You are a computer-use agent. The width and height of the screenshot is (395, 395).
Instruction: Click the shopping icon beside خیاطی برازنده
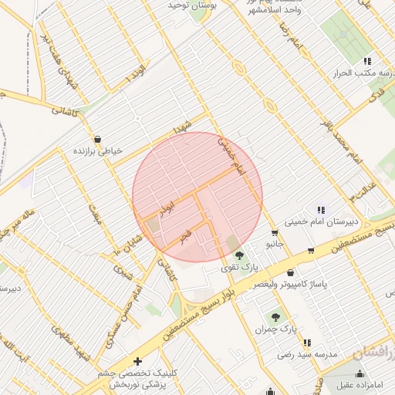point(97,140)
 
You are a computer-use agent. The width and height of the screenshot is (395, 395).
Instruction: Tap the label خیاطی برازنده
point(97,152)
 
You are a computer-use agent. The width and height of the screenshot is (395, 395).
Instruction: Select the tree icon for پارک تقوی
point(238,255)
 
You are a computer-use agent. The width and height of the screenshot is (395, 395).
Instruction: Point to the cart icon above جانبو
point(275,232)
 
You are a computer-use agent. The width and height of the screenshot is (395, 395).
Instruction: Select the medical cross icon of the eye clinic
point(137,361)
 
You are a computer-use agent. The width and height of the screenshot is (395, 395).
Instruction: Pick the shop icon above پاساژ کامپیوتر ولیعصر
point(290,272)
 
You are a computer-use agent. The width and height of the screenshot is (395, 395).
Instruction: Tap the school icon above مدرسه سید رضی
point(307,343)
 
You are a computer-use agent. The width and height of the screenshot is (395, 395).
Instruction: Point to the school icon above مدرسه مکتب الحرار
point(367,60)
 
